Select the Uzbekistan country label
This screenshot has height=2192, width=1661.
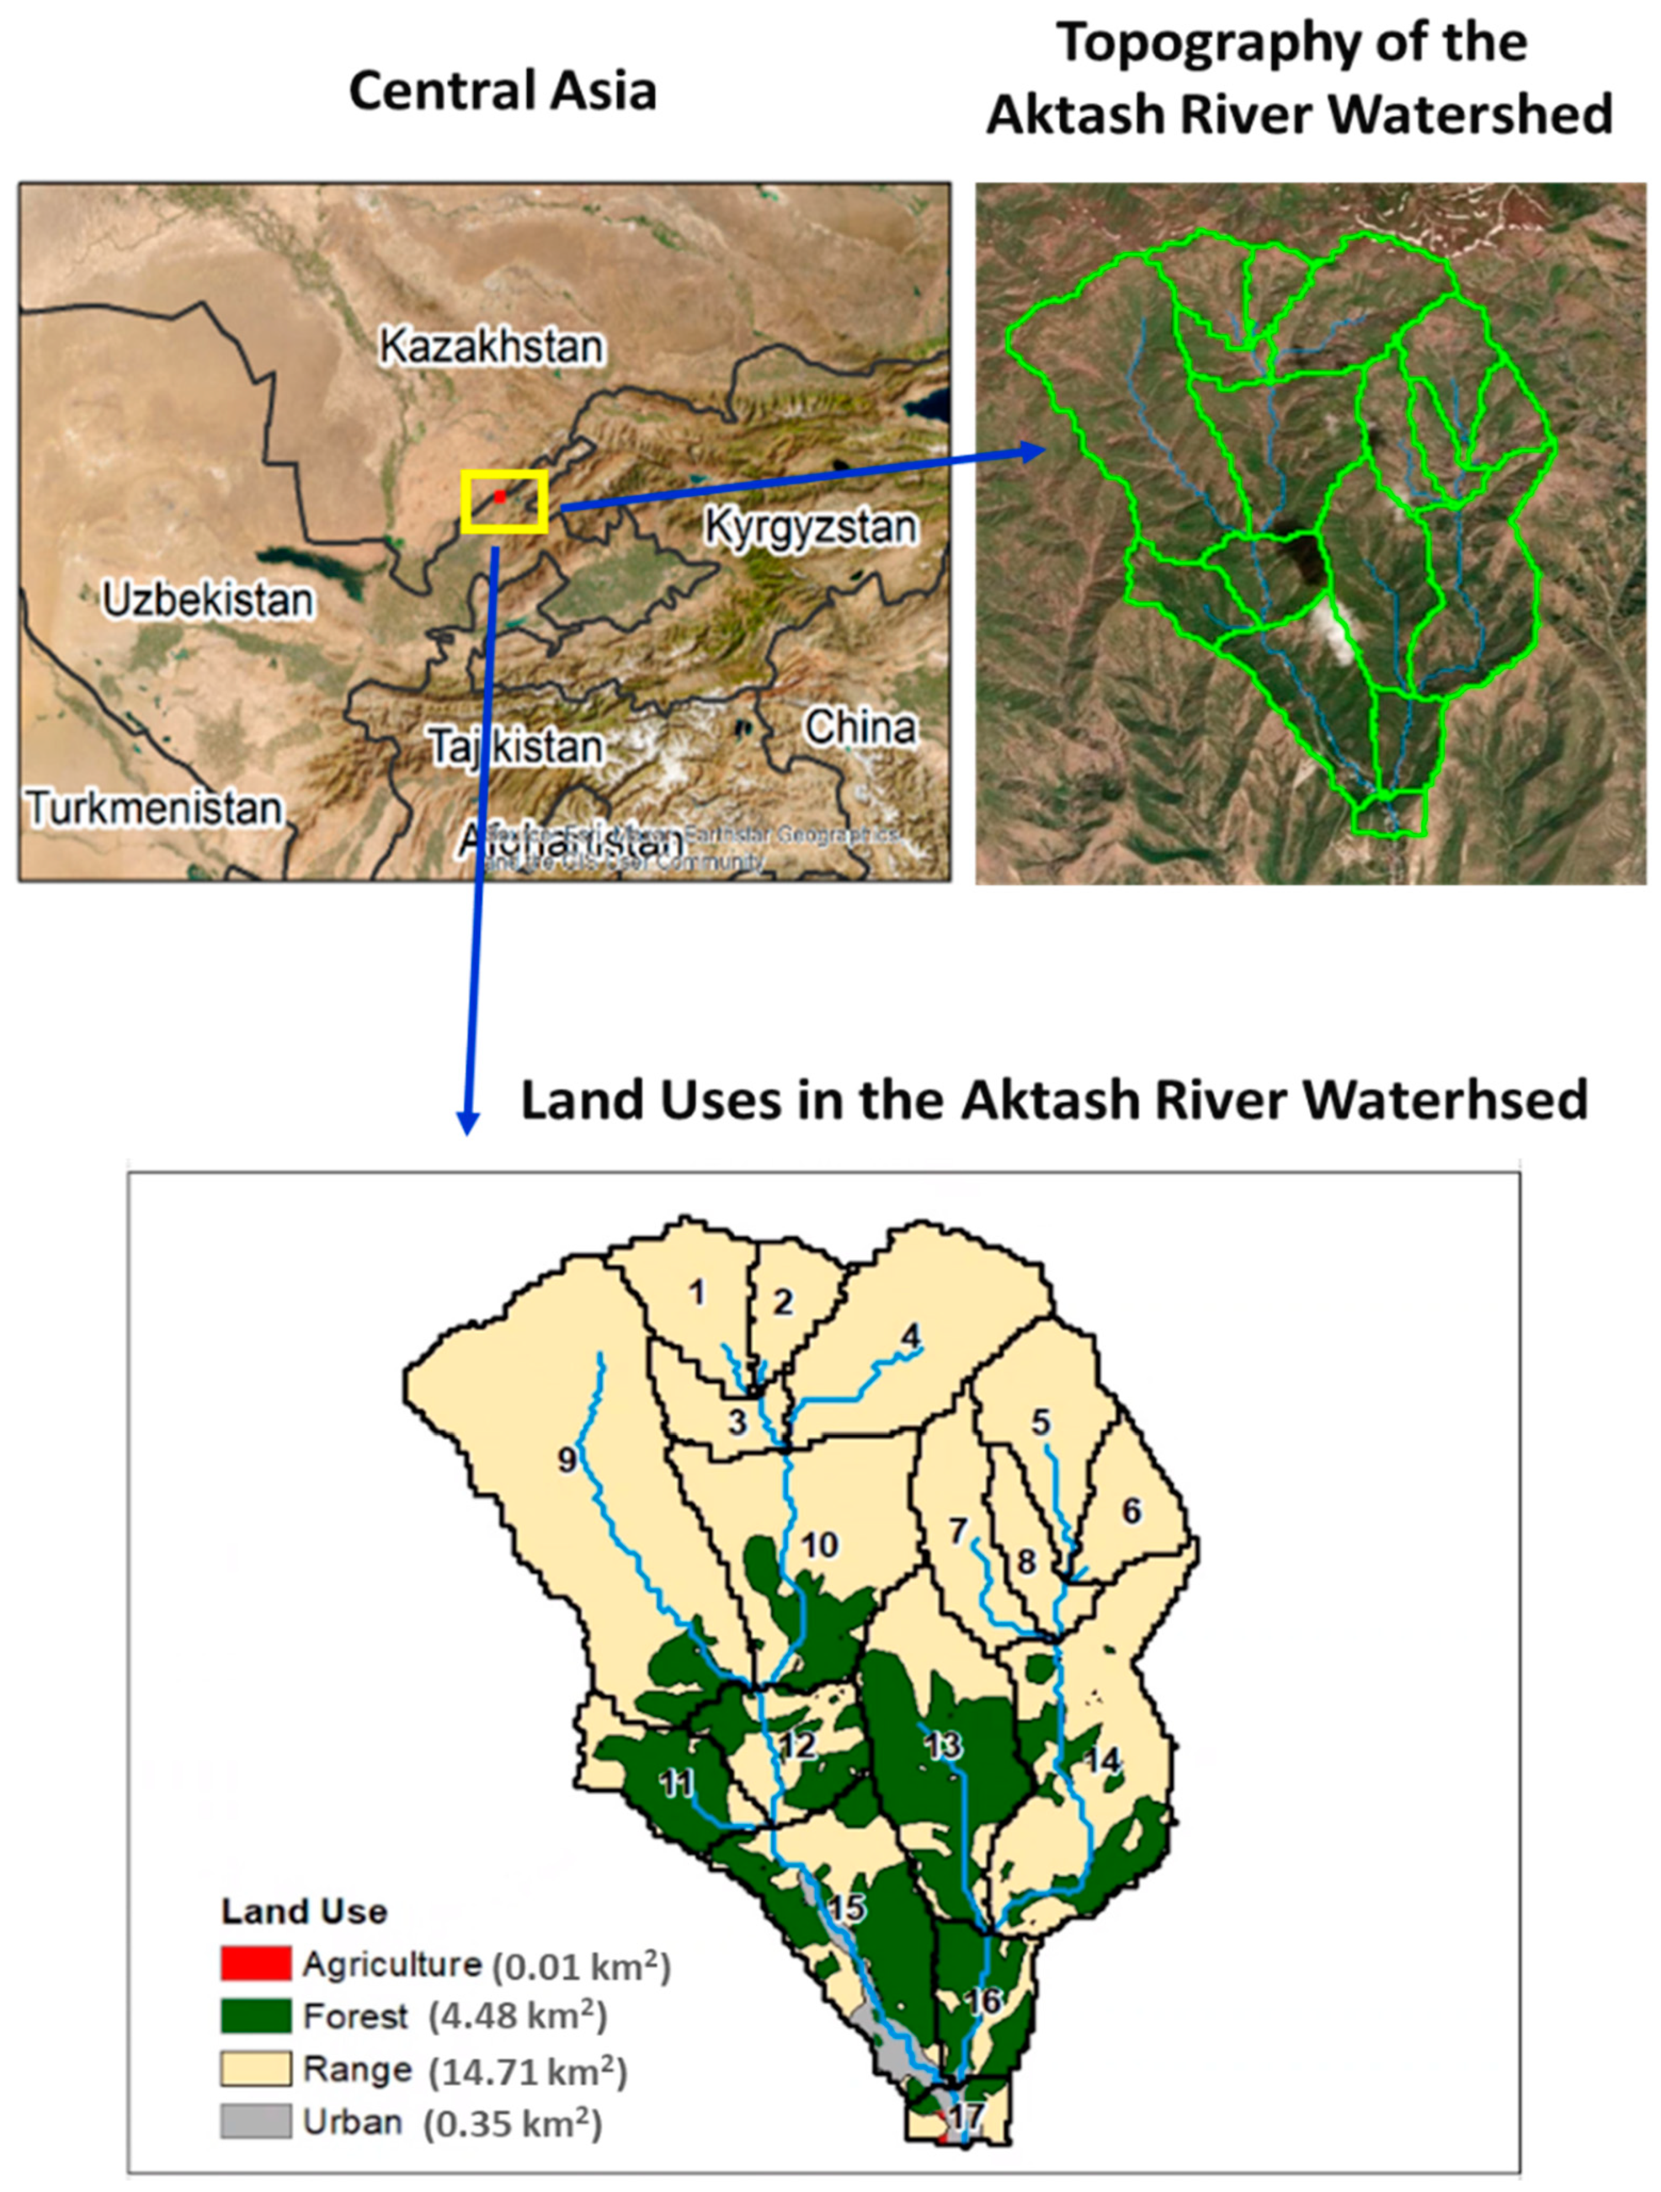[x=208, y=600]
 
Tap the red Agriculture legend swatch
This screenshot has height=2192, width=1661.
[x=256, y=1963]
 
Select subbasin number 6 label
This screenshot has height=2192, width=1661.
[x=1132, y=1510]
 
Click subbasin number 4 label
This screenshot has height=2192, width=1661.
[x=910, y=1336]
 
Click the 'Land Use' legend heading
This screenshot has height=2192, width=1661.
[x=304, y=1911]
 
